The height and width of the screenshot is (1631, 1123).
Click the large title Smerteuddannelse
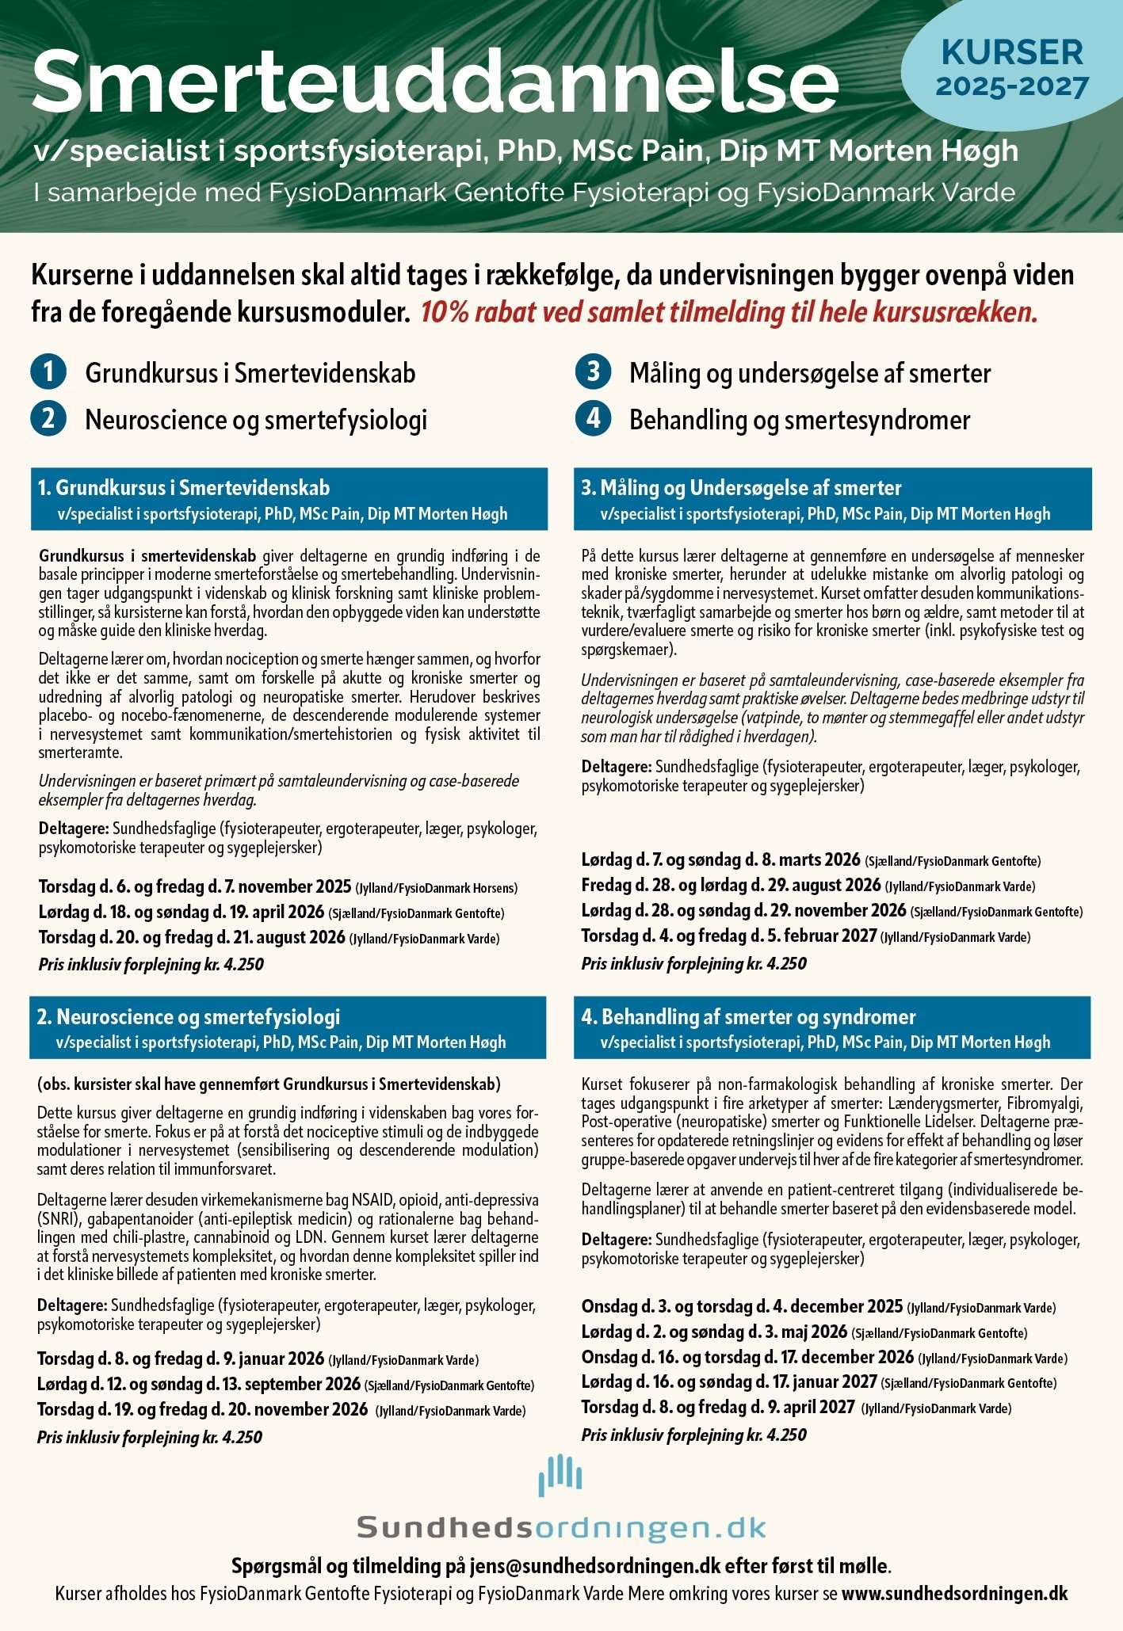tap(434, 82)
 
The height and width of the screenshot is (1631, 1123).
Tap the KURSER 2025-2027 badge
tap(1011, 69)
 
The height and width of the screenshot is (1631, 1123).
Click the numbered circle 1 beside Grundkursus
tap(48, 372)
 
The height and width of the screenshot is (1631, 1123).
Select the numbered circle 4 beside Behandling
tap(594, 418)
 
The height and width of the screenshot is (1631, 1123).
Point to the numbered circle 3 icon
tap(594, 372)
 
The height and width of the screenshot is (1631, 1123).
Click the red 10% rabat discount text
tap(728, 312)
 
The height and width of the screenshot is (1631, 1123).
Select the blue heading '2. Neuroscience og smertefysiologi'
tap(189, 1016)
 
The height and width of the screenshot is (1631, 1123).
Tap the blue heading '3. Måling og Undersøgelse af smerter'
tap(742, 487)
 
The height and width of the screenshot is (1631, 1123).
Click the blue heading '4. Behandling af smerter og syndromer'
tap(749, 1016)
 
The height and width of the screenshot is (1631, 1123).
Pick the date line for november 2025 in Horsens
tap(277, 886)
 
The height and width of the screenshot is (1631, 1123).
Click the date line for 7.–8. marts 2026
tap(810, 860)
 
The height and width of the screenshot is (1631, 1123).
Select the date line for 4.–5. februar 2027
tap(805, 936)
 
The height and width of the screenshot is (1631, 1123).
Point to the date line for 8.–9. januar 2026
tap(258, 1359)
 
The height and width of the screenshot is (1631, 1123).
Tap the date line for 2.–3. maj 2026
tap(804, 1332)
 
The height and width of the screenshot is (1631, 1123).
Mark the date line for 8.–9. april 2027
tap(796, 1408)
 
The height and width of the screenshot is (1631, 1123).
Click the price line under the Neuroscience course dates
tap(149, 1437)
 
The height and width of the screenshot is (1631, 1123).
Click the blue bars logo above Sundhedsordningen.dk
tap(560, 1475)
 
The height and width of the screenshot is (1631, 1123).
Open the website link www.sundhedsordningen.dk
tap(954, 1594)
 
